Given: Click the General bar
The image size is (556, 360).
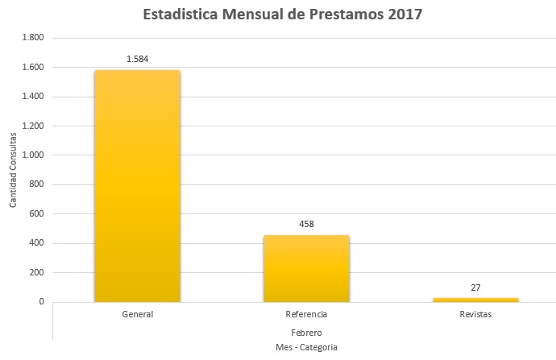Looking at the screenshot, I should click(x=137, y=186).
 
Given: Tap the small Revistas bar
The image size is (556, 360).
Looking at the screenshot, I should click(x=475, y=300).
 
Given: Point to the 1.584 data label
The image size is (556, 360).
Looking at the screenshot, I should click(x=138, y=59).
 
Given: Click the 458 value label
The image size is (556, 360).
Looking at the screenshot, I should click(x=306, y=223).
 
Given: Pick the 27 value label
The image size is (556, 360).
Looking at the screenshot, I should click(x=475, y=287).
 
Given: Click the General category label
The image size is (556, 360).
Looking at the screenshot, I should click(x=138, y=314).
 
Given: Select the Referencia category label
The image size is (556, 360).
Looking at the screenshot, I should click(x=306, y=314).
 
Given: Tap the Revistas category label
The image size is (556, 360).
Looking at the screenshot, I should click(x=475, y=314).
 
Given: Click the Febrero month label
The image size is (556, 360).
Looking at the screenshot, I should click(x=305, y=332).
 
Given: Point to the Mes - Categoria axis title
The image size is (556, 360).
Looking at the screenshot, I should click(x=305, y=347).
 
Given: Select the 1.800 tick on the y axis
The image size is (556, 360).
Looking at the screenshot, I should click(x=32, y=38).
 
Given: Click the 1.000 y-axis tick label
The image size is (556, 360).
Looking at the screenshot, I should click(x=32, y=155).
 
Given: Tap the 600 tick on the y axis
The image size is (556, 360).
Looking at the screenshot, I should click(x=36, y=214).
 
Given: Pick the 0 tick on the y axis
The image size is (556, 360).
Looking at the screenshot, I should click(x=41, y=302).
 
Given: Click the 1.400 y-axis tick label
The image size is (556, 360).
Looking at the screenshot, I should click(x=32, y=97).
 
